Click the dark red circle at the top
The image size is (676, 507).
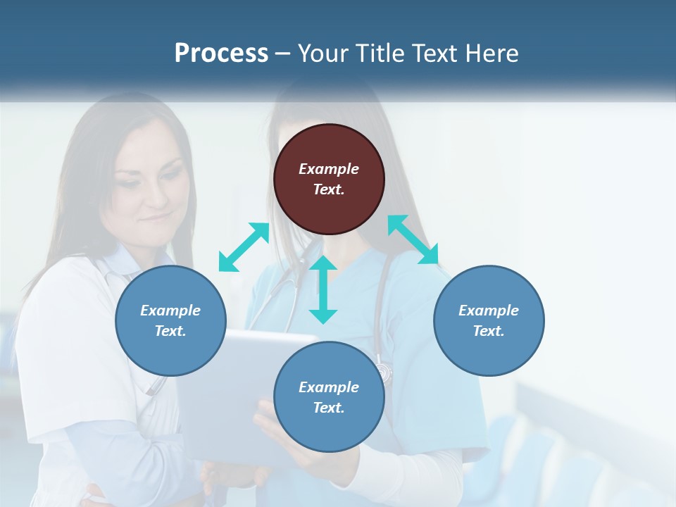pyautogui.click(x=329, y=180)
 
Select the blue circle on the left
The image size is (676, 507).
pyautogui.click(x=170, y=321)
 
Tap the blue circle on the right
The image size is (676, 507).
pyautogui.click(x=489, y=321)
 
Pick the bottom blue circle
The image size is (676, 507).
pyautogui.click(x=329, y=397)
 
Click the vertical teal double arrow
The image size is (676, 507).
pyautogui.click(x=323, y=289)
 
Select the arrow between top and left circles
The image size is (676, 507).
pyautogui.click(x=244, y=247)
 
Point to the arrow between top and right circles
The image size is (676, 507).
pyautogui.click(x=413, y=239)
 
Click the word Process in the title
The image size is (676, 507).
pyautogui.click(x=221, y=54)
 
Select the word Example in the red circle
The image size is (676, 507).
pyautogui.click(x=329, y=169)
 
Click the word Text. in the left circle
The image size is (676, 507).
pyautogui.click(x=170, y=331)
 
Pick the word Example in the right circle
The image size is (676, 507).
pyautogui.click(x=489, y=311)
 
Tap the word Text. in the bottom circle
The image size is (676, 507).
pyautogui.click(x=329, y=408)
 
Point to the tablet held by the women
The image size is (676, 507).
pyautogui.click(x=232, y=394)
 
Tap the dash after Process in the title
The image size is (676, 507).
pyautogui.click(x=283, y=54)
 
